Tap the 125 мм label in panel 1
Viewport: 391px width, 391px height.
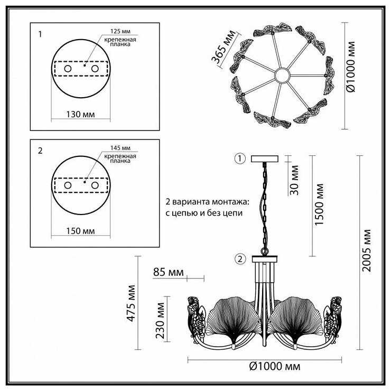pyautogui.click(x=121, y=31)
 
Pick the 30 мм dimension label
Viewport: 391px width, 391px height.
pyautogui.click(x=295, y=180)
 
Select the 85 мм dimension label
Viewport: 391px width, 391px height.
pyautogui.click(x=168, y=273)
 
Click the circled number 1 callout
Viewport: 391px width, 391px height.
pyautogui.click(x=240, y=158)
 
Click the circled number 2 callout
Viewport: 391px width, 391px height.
pyautogui.click(x=240, y=259)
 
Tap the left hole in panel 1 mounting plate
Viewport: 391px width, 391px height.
pyautogui.click(x=67, y=69)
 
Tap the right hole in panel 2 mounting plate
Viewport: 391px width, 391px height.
pyautogui.click(x=95, y=186)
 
